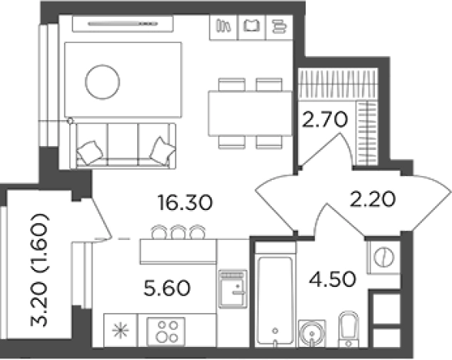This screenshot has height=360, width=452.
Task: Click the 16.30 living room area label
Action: [x=185, y=202]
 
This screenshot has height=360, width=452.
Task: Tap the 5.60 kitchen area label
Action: [x=167, y=288]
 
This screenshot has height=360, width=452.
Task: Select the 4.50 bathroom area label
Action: [x=333, y=279]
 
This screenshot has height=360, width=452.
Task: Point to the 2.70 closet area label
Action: [x=324, y=119]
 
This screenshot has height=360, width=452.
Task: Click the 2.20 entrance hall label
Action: [x=372, y=199]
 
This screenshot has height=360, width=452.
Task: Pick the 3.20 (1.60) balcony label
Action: [x=39, y=270]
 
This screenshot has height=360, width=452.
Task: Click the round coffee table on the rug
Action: [x=102, y=82]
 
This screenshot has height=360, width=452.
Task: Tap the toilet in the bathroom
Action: [x=349, y=329]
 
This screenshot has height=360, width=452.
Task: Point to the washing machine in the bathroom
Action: [x=383, y=257]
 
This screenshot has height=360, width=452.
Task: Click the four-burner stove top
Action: [x=166, y=332]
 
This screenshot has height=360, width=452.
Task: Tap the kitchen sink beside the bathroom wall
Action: [x=233, y=289]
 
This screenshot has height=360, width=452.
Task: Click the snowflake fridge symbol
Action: [x=120, y=331]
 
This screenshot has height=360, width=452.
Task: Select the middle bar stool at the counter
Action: [x=178, y=232]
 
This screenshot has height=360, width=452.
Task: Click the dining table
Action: [x=250, y=113]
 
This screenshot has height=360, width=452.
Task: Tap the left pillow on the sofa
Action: [x=90, y=152]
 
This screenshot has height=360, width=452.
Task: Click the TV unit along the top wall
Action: [x=122, y=24]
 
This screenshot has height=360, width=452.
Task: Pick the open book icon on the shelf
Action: [x=251, y=25]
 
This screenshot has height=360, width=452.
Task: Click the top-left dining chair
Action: [x=232, y=85]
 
